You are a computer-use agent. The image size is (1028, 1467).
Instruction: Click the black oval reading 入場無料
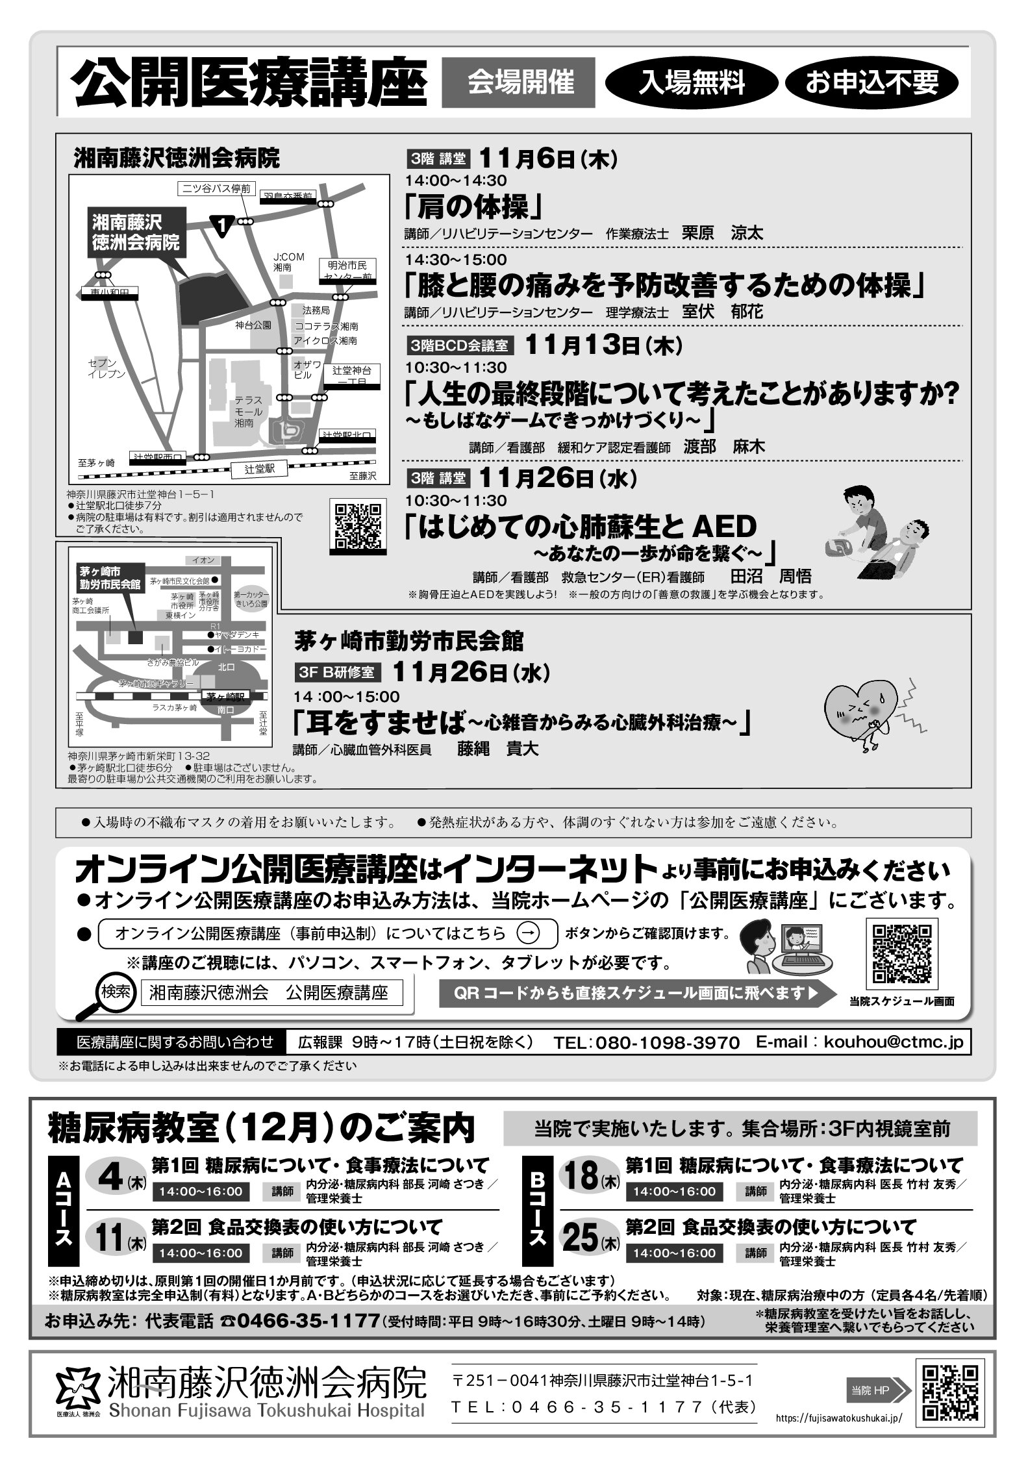coord(692,83)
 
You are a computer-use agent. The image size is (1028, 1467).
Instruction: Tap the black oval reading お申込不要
coord(872,83)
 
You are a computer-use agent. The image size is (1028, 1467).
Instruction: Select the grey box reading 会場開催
coord(518,82)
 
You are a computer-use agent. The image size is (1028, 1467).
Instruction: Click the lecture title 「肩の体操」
coord(473,207)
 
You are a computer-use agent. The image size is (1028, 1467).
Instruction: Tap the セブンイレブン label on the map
coord(107,368)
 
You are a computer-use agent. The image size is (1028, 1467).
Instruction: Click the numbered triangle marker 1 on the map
coord(223,225)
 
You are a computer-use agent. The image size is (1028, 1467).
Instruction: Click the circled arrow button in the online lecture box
coord(529,933)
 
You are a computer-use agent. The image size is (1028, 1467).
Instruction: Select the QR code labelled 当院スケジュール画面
coord(901,953)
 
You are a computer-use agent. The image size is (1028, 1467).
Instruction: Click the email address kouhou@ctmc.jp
coord(893,1042)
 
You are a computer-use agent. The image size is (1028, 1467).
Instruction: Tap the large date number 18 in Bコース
coord(581,1176)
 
